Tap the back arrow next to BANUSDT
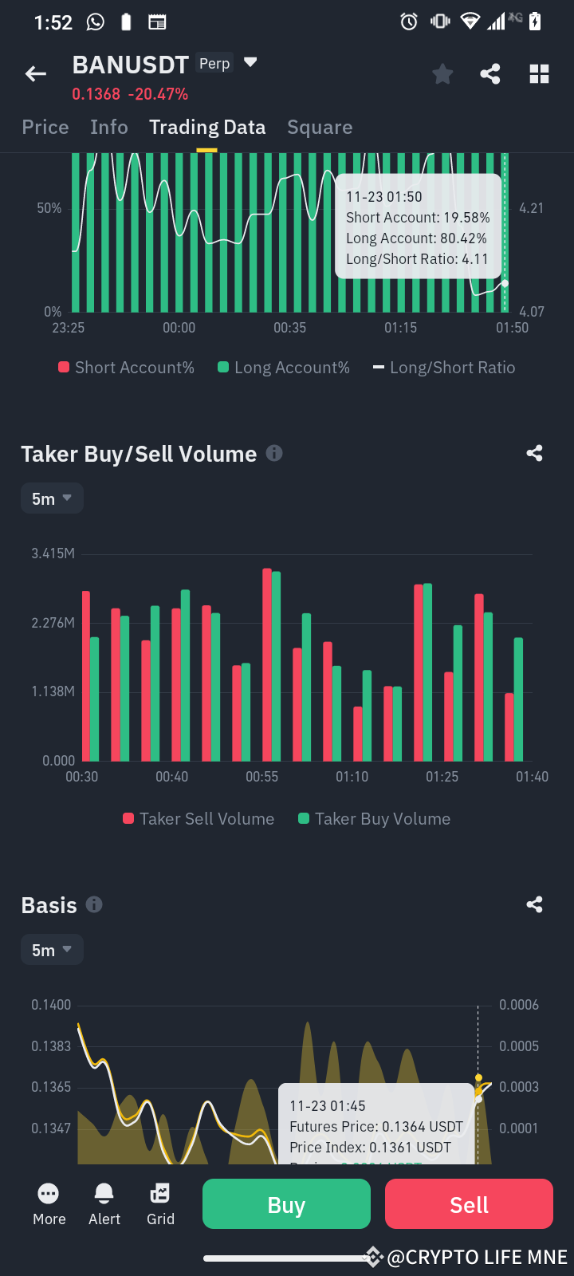36,74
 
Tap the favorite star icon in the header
442,74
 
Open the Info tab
109,128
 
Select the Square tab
320,128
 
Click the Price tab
45,128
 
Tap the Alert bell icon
104,1194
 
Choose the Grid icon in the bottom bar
160,1194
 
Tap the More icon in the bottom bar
49,1194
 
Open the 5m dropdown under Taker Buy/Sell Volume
52,498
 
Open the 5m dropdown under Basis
52,950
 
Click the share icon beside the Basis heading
535,904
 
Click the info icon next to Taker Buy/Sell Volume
274,453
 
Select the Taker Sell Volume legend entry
199,819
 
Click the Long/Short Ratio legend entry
444,368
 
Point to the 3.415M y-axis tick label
53,553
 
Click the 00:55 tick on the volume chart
261,777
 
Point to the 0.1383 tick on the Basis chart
51,1046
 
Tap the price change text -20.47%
158,94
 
